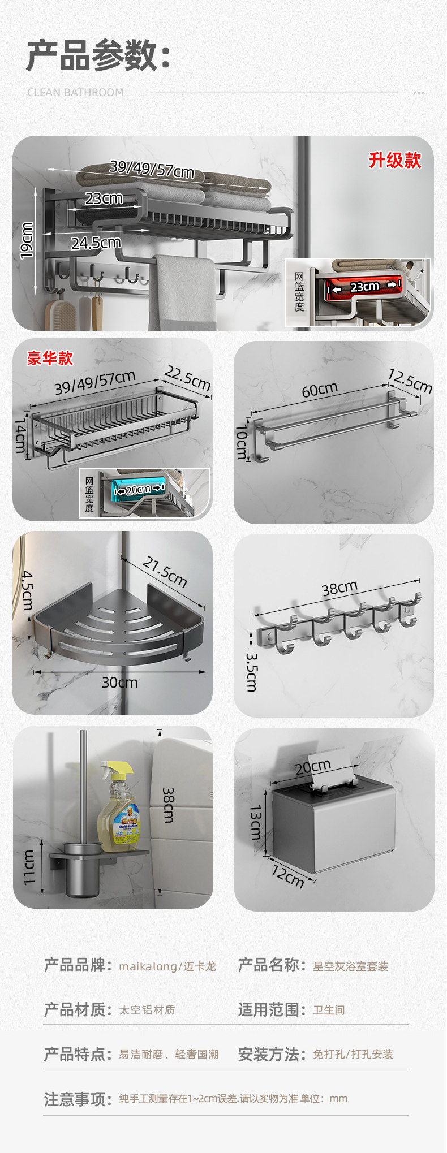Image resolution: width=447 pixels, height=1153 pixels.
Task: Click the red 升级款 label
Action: tap(395, 160)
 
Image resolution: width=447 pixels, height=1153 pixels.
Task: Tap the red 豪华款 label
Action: tap(50, 359)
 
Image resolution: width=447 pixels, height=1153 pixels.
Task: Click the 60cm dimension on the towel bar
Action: tap(320, 390)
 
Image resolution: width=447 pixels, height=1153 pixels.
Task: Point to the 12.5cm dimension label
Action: tap(410, 381)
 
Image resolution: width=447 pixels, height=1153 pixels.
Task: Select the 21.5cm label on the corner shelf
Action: tap(165, 572)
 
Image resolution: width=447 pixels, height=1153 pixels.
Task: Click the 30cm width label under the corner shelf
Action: tap(119, 683)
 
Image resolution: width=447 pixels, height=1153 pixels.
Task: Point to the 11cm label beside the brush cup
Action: tap(29, 869)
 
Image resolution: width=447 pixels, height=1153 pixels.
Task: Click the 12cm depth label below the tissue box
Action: tap(287, 876)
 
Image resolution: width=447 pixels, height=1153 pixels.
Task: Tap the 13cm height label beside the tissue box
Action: tap(255, 823)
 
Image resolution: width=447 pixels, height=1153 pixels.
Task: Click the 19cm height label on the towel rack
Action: tap(27, 240)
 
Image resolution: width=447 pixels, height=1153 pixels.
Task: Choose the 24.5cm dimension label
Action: tap(96, 243)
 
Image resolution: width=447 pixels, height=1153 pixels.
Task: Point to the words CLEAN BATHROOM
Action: tap(75, 92)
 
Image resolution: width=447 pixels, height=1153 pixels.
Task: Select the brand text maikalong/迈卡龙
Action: tap(167, 966)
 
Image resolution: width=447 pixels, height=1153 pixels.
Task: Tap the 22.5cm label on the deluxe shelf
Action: tap(187, 378)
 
